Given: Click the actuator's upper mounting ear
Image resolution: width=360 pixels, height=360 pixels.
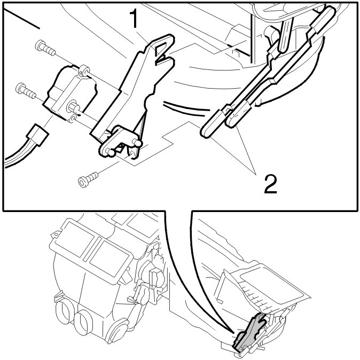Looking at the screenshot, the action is pos(84,71).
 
